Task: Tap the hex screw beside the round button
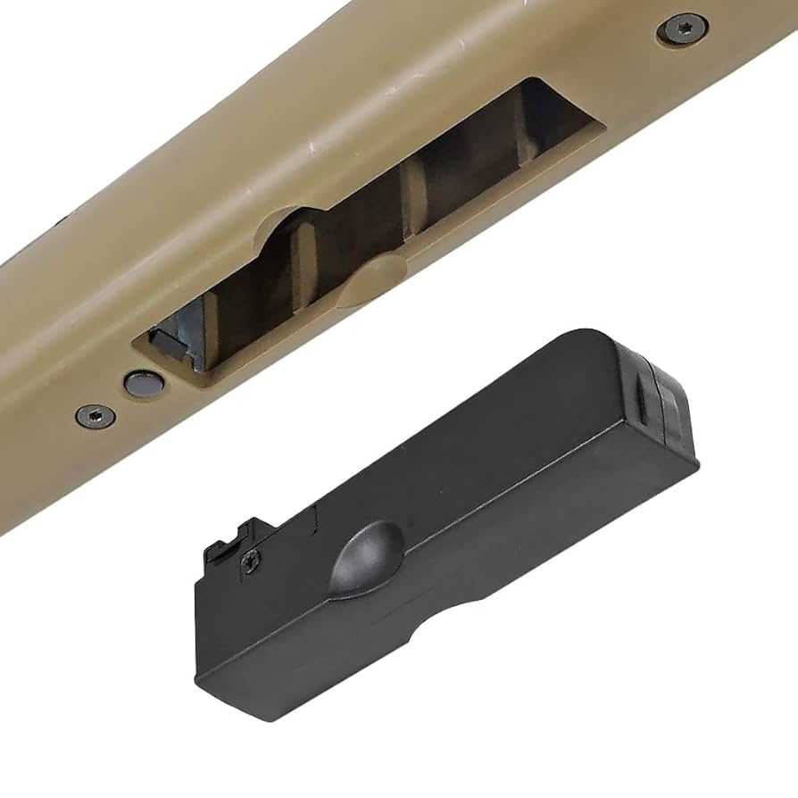pyautogui.click(x=94, y=415)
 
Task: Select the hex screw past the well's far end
pyautogui.click(x=683, y=30)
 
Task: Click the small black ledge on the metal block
pyautogui.click(x=161, y=338)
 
